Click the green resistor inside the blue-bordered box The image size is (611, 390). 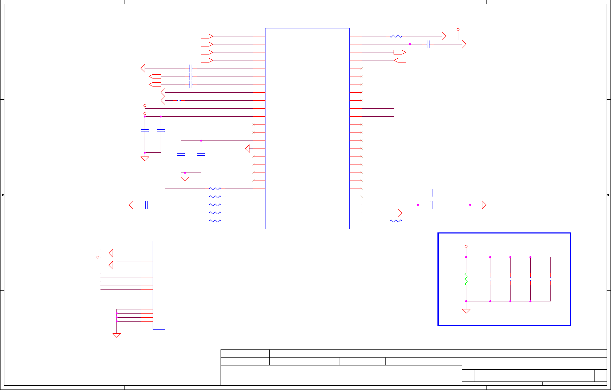pos(466,279)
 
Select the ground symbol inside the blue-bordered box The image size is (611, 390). pos(466,311)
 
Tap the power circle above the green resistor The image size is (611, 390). pos(466,246)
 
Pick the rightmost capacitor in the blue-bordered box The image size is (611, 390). pos(550,279)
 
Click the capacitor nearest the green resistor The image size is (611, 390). pos(490,279)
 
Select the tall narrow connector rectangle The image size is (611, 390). pos(159,285)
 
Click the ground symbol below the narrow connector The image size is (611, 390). pos(117,335)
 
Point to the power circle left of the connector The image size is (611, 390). pos(98,257)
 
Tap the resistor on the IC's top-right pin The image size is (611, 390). pos(396,36)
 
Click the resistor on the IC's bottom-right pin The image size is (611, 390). pos(396,221)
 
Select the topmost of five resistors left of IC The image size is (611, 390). pos(215,189)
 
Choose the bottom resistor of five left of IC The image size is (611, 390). pos(215,221)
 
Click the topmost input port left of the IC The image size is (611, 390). pos(207,36)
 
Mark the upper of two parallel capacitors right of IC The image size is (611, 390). pos(432,193)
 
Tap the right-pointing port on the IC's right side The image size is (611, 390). pos(400,52)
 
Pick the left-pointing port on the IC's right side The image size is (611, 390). pos(400,60)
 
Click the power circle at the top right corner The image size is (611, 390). pos(458,29)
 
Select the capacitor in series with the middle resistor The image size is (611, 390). pos(147,205)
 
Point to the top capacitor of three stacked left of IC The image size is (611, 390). pos(191,68)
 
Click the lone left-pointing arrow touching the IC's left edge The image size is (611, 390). pos(247,149)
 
